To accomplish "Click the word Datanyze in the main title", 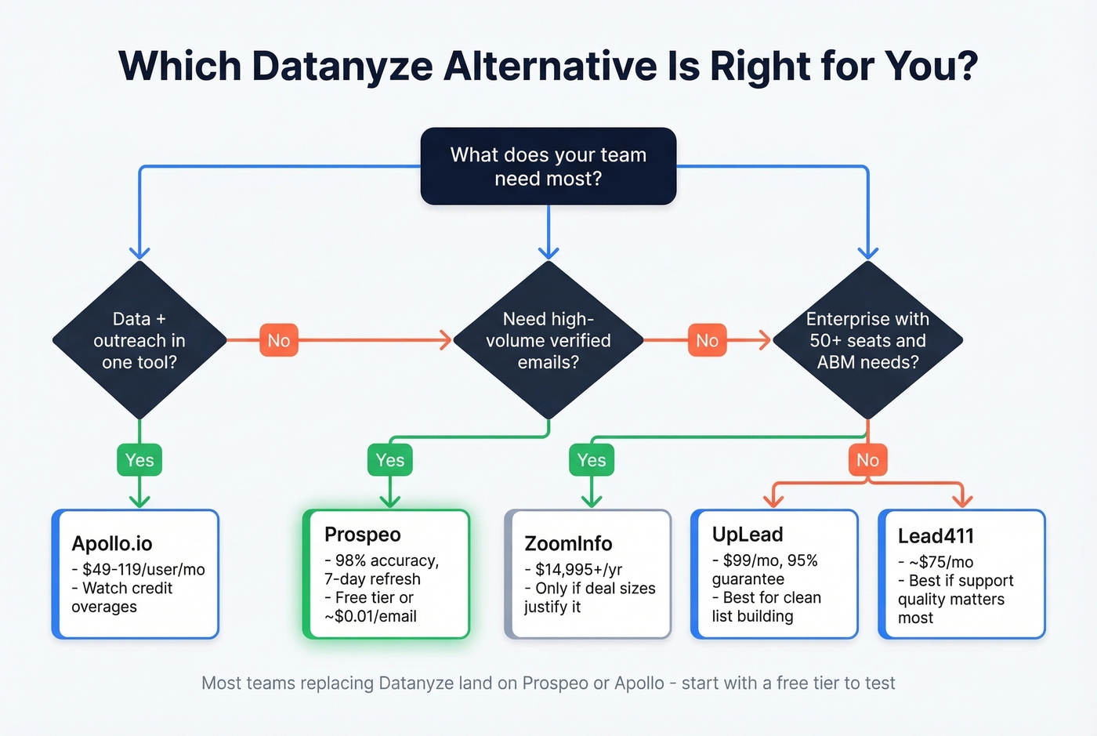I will click(x=342, y=66).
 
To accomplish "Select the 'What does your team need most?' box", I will click(x=548, y=166).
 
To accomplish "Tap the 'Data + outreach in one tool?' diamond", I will click(x=139, y=340).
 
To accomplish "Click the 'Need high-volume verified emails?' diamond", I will click(x=548, y=340).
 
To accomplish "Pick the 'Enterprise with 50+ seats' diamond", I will click(x=867, y=340).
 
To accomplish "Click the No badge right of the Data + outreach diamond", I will click(x=278, y=340).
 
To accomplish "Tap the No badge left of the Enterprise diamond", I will click(x=707, y=340).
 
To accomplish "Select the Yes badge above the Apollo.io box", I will click(x=139, y=460).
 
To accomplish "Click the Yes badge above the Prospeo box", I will click(x=389, y=460).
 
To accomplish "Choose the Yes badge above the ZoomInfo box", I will click(x=592, y=460).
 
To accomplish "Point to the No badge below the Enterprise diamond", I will click(x=867, y=460).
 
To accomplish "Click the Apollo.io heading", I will click(x=112, y=543).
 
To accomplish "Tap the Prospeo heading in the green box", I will click(x=363, y=535).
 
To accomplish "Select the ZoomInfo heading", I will click(x=568, y=543).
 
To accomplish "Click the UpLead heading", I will click(x=748, y=535).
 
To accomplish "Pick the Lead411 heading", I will click(x=936, y=536).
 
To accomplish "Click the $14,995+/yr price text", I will click(x=578, y=570).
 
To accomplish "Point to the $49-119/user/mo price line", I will click(x=143, y=570).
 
